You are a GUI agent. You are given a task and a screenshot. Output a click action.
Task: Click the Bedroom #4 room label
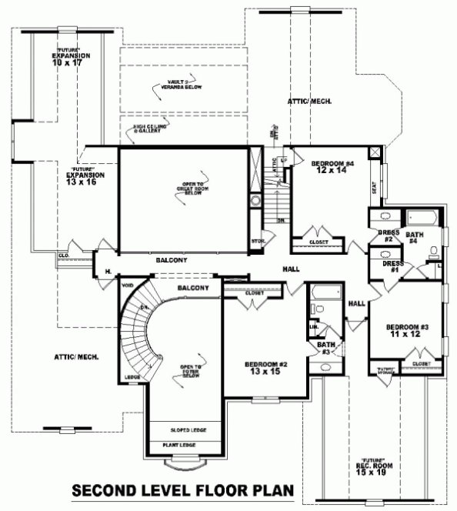point(332,164)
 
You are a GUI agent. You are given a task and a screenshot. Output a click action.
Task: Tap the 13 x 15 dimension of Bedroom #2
point(265,372)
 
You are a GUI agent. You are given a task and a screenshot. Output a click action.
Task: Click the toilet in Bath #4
point(434,250)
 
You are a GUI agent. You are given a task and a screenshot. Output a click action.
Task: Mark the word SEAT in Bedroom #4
point(373,188)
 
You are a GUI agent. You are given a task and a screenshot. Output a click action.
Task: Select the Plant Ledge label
point(178,445)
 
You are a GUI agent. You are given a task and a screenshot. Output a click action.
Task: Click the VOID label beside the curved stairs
point(128,285)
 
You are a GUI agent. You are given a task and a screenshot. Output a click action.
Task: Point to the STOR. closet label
point(257,242)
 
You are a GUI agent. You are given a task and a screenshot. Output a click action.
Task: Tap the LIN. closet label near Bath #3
point(313,326)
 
